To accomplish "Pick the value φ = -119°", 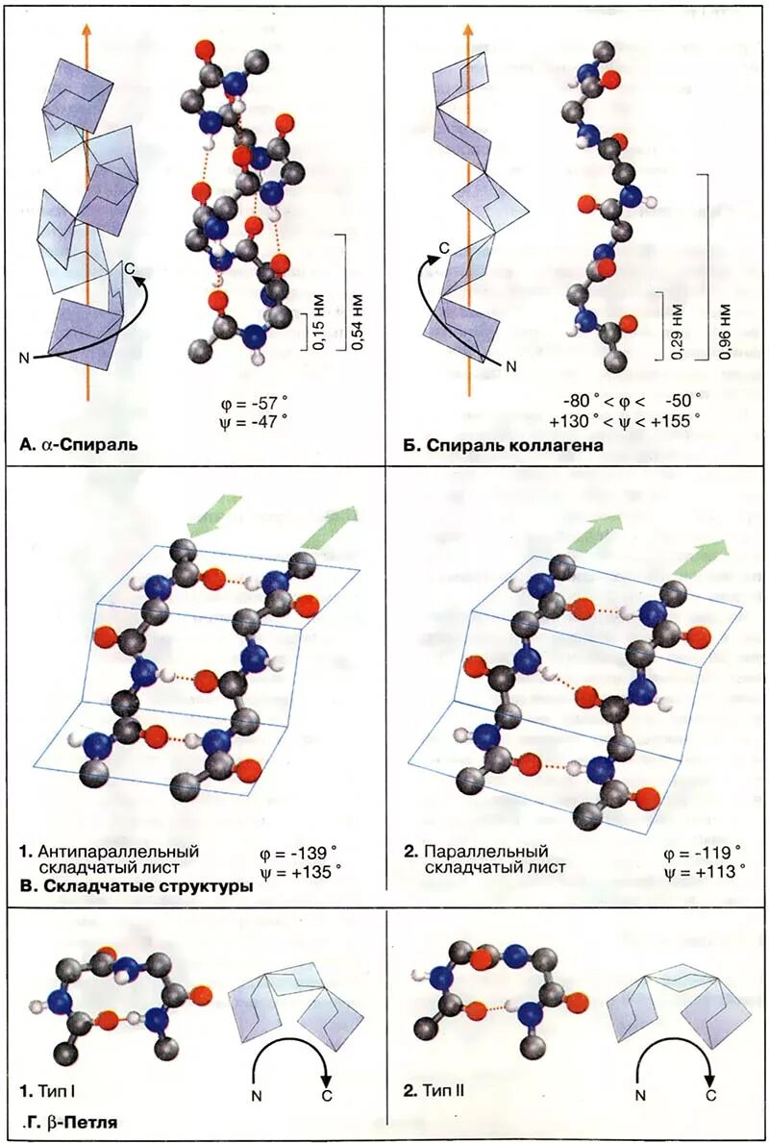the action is (x=703, y=853).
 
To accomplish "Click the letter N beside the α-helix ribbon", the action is (x=26, y=359).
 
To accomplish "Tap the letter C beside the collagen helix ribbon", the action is (x=444, y=247).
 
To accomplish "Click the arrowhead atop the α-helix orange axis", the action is (x=87, y=28).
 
